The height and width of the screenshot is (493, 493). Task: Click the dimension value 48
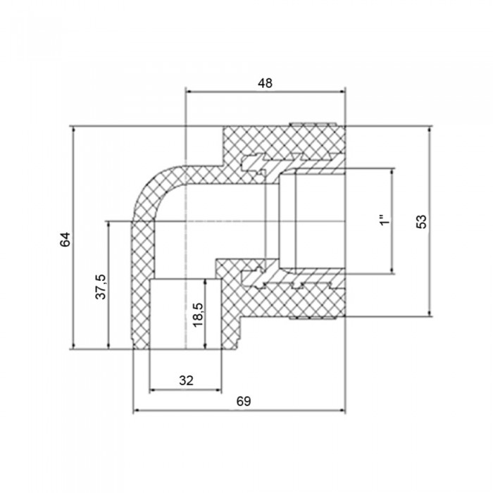(265, 83)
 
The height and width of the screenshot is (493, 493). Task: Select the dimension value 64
(65, 239)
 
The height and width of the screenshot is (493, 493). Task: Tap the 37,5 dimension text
(101, 287)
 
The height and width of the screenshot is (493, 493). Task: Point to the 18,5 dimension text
(198, 315)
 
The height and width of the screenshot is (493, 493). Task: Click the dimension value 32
(186, 380)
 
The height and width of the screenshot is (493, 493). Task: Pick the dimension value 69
(244, 401)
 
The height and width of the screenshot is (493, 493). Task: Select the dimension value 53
(422, 221)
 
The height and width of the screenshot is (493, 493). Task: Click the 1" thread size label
(385, 220)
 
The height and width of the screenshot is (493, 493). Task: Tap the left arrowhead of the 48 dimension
(189, 92)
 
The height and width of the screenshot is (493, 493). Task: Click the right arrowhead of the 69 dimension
(343, 411)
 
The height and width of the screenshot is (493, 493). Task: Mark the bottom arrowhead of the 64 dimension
(74, 347)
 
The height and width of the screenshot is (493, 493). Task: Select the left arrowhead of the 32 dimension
(153, 390)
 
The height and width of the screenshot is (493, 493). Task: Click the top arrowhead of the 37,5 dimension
(108, 224)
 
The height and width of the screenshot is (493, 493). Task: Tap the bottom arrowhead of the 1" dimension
(392, 270)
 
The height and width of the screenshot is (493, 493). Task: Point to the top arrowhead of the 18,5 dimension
(206, 282)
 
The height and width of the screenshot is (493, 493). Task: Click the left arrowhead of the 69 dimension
(136, 411)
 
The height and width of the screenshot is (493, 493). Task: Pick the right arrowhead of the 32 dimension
(219, 390)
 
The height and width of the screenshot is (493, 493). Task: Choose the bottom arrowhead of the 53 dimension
(430, 313)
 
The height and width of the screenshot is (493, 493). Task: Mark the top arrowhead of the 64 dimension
(74, 129)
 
